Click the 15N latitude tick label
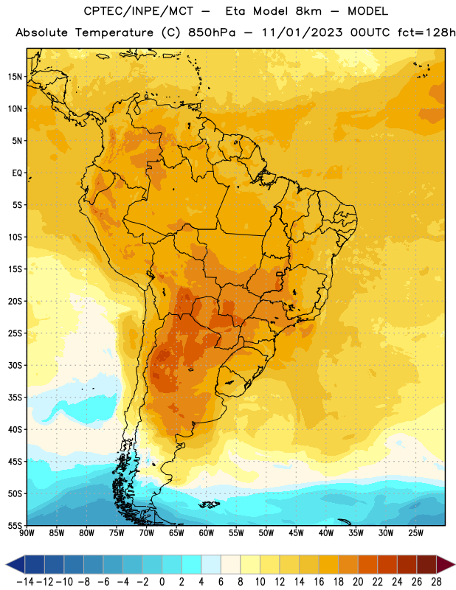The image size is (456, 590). click(15, 77)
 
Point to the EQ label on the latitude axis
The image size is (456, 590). click(17, 173)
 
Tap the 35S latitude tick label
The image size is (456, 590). click(15, 398)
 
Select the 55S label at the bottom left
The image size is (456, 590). click(15, 525)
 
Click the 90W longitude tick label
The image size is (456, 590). click(27, 533)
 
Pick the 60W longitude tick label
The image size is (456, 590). click(207, 533)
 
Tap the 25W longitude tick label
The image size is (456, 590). click(415, 533)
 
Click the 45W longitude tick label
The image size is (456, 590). click(296, 533)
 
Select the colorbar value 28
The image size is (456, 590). click(436, 582)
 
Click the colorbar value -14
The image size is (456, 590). click(25, 582)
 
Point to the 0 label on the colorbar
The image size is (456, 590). click(162, 582)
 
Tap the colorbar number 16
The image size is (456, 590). click(319, 582)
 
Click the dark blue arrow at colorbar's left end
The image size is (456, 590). click(15, 564)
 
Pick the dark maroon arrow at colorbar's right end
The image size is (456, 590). click(446, 564)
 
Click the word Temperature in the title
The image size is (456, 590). click(114, 32)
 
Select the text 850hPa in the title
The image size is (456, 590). click(212, 32)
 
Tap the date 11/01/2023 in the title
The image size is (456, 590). click(303, 32)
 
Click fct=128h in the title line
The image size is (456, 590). click(426, 32)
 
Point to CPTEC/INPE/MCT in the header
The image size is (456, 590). click(139, 11)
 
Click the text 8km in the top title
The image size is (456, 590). click(308, 11)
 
